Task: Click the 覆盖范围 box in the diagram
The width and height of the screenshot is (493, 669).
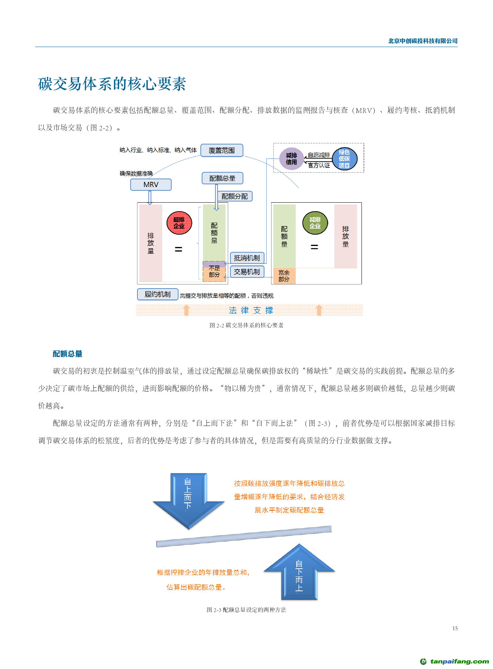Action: pos(221,150)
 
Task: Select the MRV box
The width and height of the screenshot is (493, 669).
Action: pos(151,184)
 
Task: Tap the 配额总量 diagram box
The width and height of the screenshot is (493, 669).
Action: pos(222,178)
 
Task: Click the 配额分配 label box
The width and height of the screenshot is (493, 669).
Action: pos(234,196)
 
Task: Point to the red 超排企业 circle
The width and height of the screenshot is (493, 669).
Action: pos(179,223)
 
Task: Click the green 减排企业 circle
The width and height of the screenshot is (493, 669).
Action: pos(315,223)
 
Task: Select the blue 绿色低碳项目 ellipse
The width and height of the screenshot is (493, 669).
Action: pos(344,159)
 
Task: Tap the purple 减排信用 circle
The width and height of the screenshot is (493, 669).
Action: pos(291,159)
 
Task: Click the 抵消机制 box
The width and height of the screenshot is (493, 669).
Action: pos(247,258)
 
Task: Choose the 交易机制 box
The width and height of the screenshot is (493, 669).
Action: pos(247,272)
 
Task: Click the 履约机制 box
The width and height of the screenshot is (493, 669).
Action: pos(157,294)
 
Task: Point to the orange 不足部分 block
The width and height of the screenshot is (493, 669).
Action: pos(214,274)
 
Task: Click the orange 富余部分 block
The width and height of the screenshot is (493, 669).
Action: pos(284,276)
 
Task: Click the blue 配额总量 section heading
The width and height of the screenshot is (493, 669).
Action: pos(67,354)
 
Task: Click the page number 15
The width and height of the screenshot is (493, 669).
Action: pos(455,628)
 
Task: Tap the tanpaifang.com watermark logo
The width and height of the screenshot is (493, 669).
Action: pos(454,661)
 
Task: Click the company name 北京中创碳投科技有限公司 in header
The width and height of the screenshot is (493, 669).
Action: pos(423,41)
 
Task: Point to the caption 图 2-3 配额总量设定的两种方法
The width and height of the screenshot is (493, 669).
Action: pos(246,610)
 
